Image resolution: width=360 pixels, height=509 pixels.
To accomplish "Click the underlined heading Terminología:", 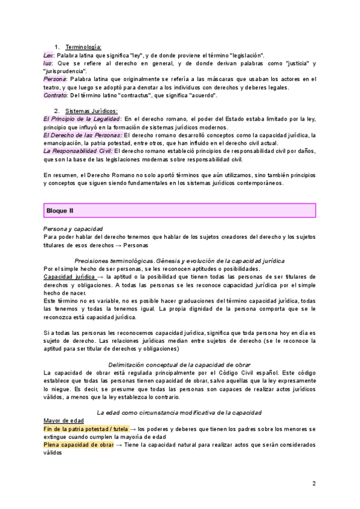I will pos(83,47).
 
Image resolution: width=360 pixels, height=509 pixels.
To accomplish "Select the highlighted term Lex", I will pos(49,55).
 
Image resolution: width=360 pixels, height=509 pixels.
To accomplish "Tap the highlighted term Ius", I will pos(48,63).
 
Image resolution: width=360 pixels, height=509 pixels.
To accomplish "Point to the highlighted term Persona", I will pos(55,79).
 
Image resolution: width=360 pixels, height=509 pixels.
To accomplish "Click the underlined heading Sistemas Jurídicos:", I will pos(91,111).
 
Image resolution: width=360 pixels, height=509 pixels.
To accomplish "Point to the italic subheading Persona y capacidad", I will pos(73,229).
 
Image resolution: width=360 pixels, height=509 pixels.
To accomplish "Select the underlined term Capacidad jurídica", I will pos(69,277).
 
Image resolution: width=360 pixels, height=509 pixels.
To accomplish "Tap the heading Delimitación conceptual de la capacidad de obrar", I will pos(179,365).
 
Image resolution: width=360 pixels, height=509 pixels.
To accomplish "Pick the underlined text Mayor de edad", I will pos(64,421).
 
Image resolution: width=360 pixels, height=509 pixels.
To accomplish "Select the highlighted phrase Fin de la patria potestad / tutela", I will pos(86,429).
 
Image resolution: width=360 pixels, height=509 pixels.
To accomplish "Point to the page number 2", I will pos(314,483).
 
